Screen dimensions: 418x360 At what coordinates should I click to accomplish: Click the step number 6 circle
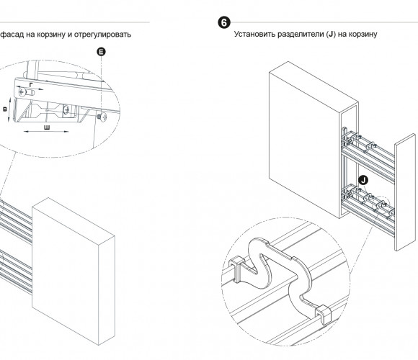point(224,22)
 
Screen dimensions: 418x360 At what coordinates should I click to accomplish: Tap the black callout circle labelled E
point(101,52)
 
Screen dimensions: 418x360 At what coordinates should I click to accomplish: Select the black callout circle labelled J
point(363,180)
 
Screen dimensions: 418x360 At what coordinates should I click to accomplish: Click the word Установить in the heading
point(254,34)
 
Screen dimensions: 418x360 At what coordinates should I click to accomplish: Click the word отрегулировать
point(102,35)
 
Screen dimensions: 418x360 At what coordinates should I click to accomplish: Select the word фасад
point(12,35)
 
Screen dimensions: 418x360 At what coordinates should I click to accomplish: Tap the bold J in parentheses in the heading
point(331,35)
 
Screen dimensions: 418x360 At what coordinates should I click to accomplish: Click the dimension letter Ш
point(47,127)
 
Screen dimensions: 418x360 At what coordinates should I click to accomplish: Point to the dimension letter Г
point(31,85)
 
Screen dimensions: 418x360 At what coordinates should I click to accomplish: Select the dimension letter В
point(5,109)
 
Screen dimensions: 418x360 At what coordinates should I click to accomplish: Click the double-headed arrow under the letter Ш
point(46,131)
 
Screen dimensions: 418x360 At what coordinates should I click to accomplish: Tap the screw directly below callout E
point(102,117)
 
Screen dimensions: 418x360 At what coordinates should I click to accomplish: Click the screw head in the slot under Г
point(22,92)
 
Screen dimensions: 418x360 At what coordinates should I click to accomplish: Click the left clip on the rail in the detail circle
point(236,269)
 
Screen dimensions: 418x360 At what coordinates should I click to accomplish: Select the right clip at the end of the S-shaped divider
point(323,315)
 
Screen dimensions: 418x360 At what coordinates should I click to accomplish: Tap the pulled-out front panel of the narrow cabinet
point(405,192)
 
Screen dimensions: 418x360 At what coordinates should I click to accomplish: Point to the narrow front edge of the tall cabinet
point(348,161)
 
